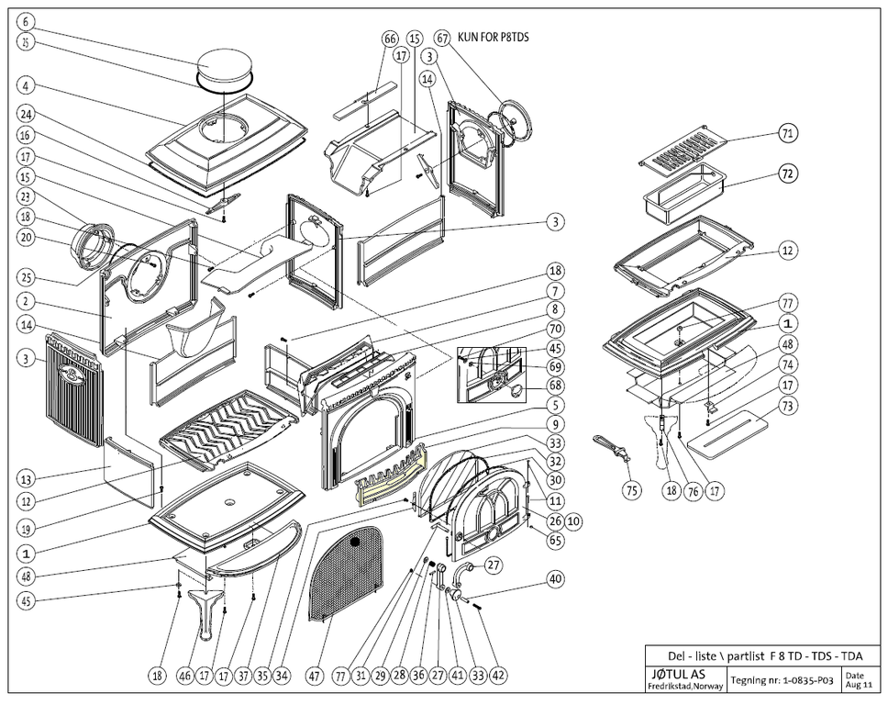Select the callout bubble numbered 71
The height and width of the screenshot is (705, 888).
[x=786, y=134]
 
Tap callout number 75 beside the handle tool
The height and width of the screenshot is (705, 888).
[x=631, y=491]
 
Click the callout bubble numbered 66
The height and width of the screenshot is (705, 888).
[x=391, y=39]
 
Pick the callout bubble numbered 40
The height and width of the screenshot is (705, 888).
[x=555, y=579]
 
